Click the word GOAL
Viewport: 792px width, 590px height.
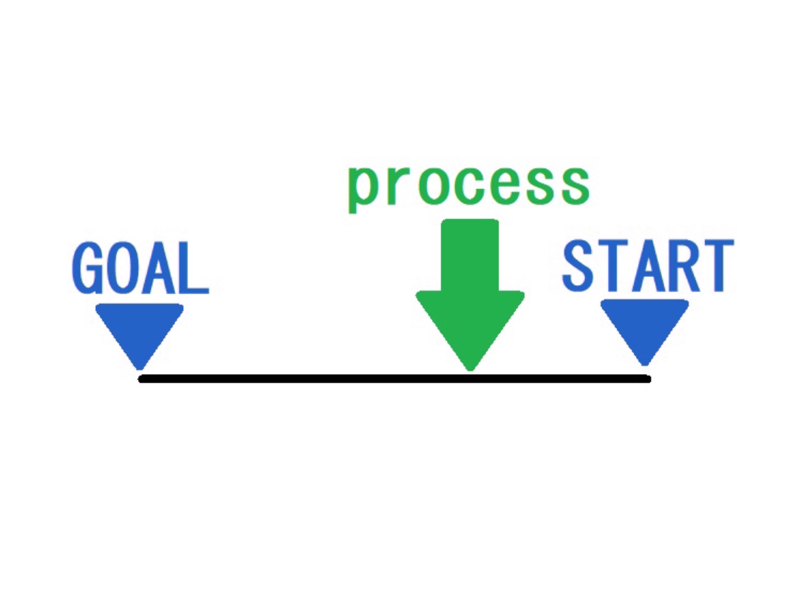pyautogui.click(x=140, y=267)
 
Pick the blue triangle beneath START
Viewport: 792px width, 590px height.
pyautogui.click(x=644, y=329)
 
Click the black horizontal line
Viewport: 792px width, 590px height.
pyautogui.click(x=395, y=378)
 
